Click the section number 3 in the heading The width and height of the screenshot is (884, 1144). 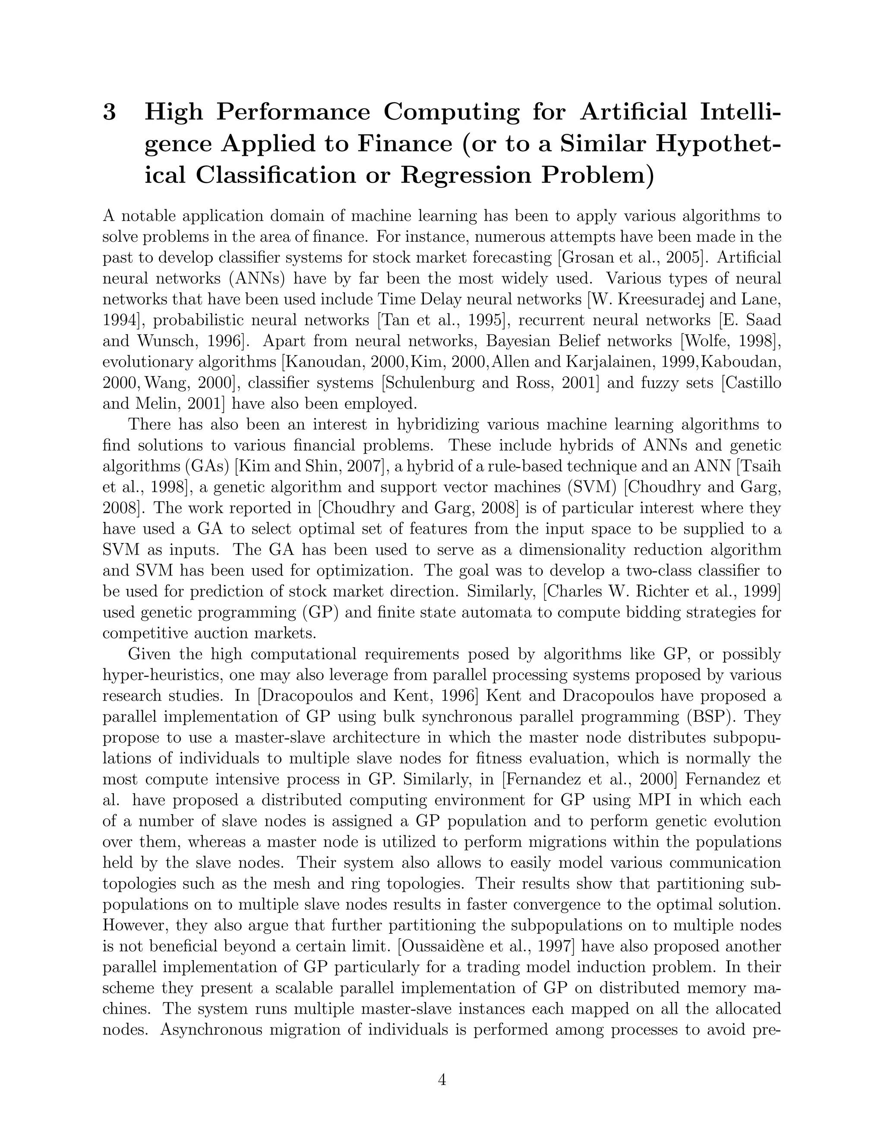[x=110, y=112]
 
